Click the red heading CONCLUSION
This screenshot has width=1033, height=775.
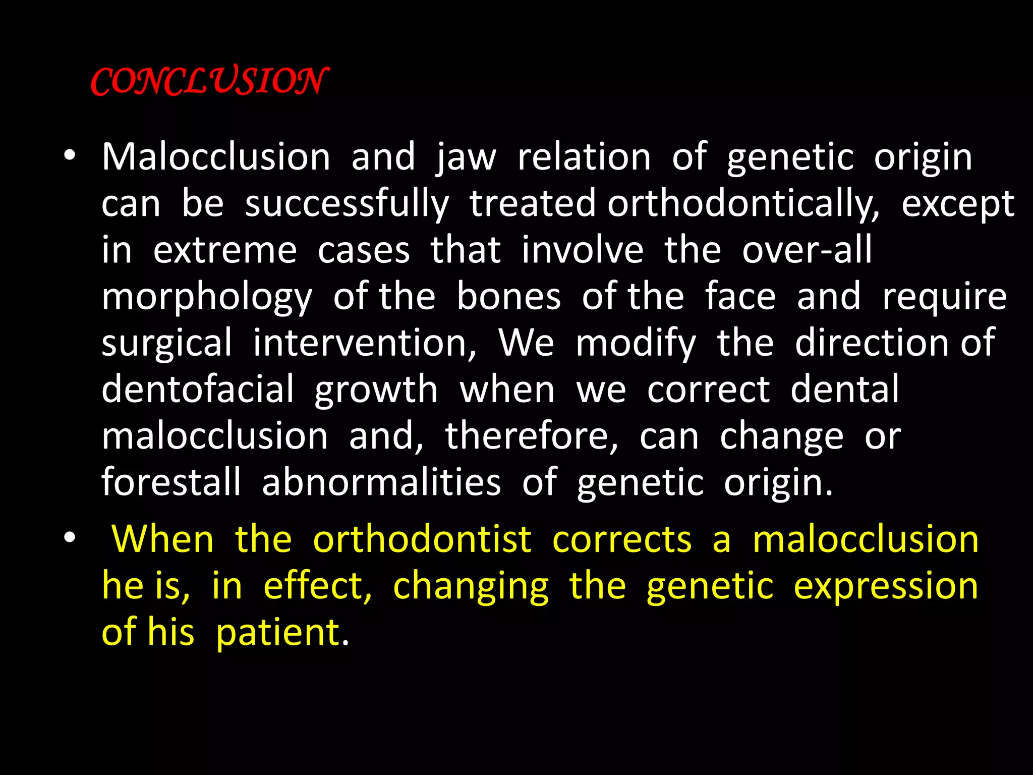click(x=209, y=81)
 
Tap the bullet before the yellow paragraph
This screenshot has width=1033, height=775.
click(x=70, y=538)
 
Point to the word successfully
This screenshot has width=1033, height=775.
click(x=347, y=204)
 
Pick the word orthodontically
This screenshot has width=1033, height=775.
click(x=743, y=204)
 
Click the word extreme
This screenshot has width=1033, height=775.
click(x=225, y=250)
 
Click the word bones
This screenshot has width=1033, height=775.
click(x=508, y=297)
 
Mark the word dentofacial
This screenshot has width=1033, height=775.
click(x=198, y=390)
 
